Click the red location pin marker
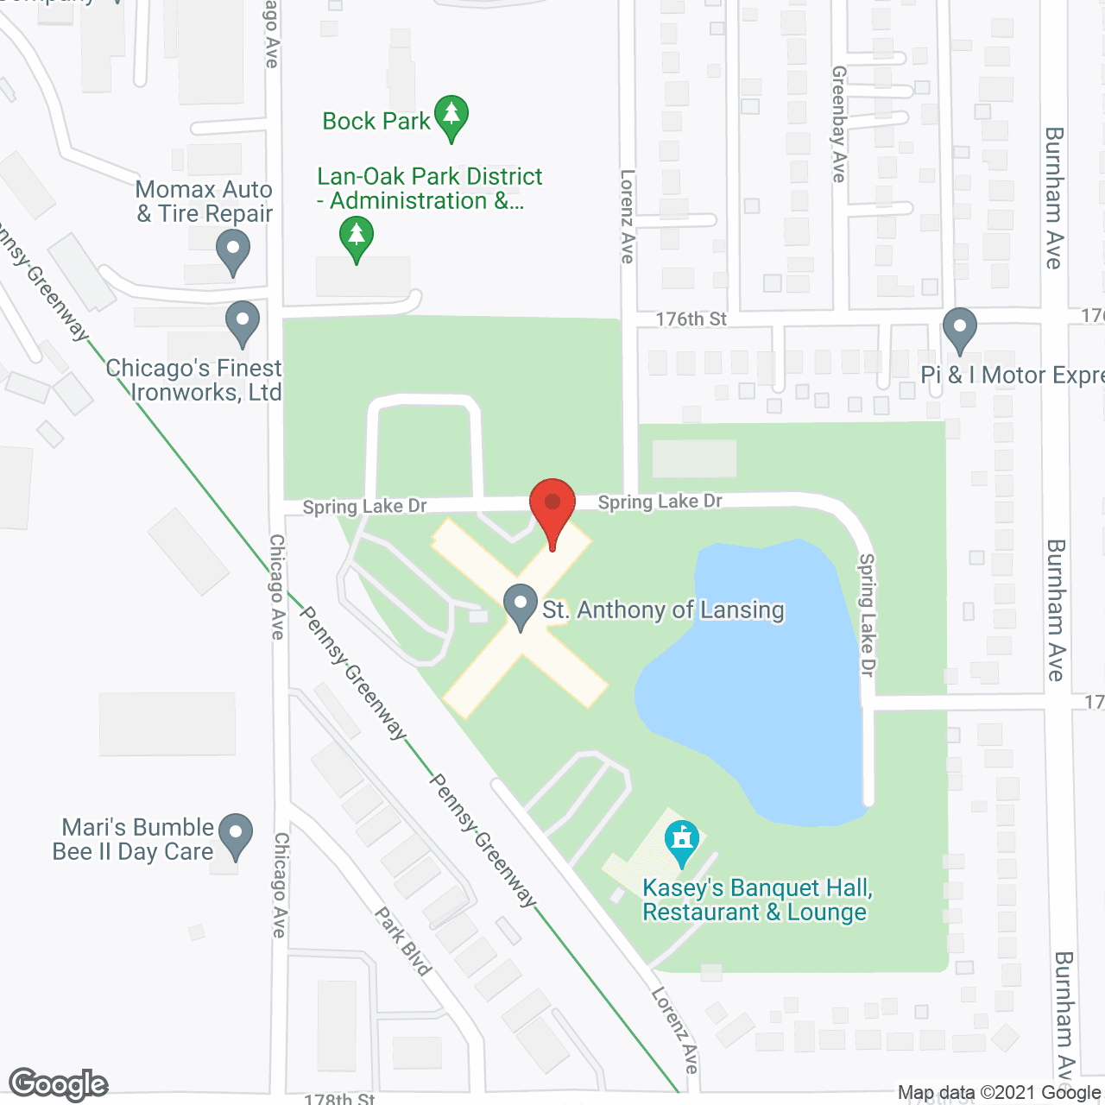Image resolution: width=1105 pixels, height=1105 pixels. pos(552,504)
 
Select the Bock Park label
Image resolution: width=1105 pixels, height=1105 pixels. pos(376,122)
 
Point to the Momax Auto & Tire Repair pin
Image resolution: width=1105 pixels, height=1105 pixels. pos(232,252)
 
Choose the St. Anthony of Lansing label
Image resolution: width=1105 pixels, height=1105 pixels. pos(663,610)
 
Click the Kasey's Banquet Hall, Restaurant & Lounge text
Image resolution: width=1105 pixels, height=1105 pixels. pos(756,900)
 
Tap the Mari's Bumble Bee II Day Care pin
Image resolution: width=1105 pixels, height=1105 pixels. pos(235,834)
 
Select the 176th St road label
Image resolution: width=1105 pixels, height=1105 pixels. pos(691,319)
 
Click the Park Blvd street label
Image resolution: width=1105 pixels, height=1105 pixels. pos(403,941)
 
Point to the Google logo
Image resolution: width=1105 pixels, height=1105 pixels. pos(59,1084)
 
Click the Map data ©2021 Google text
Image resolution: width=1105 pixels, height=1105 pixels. pos(999,1093)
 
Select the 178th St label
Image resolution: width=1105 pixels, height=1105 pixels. pos(339,1099)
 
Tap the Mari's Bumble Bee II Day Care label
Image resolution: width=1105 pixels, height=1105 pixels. pos(133,839)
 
